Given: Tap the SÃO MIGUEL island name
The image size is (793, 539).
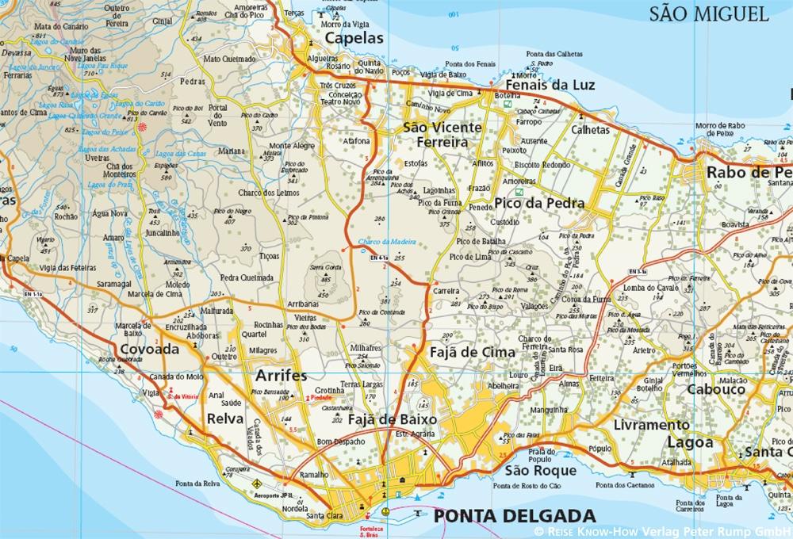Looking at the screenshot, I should (708, 13).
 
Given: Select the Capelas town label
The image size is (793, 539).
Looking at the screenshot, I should (354, 38).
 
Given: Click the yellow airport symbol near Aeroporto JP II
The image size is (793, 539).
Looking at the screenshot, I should (255, 482).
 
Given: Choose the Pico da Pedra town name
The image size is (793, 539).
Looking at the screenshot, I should (538, 203).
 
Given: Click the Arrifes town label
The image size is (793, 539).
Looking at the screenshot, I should (280, 376).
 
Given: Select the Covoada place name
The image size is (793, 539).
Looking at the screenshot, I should (151, 350).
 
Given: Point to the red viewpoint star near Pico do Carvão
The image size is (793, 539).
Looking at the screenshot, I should (142, 127).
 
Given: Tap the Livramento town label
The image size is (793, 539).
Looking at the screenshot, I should (652, 425).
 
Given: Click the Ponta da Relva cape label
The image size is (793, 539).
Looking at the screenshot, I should (197, 484).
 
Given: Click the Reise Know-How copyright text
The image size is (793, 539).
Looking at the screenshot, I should (663, 531).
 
